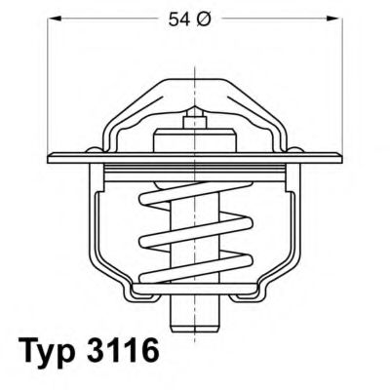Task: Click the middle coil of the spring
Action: click(x=195, y=237)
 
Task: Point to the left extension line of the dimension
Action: click(x=48, y=78)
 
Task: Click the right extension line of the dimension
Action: click(x=342, y=78)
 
